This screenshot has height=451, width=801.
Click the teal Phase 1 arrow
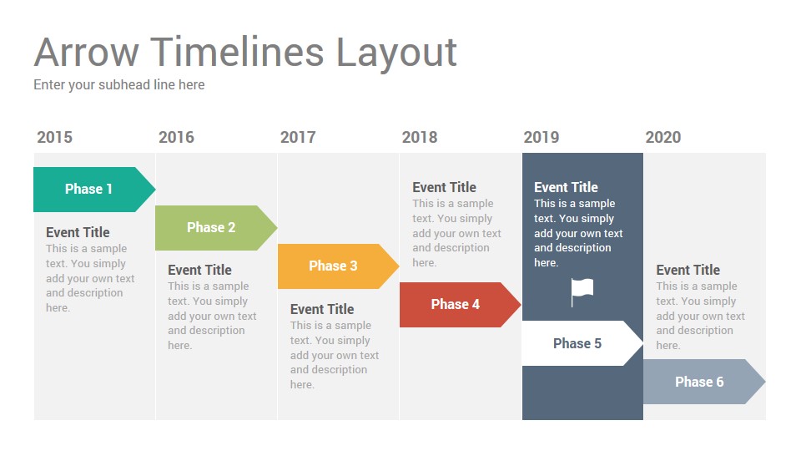(x=94, y=190)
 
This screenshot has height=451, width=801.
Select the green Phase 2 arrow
(x=216, y=227)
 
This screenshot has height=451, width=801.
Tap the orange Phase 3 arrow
(x=338, y=266)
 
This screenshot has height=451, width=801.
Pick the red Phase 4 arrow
(x=461, y=305)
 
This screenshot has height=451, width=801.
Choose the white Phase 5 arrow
(x=582, y=343)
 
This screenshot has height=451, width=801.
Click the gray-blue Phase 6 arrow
(x=704, y=382)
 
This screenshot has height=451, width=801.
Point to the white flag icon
(x=582, y=292)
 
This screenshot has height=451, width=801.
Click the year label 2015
(x=55, y=137)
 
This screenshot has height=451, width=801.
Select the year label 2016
(x=176, y=137)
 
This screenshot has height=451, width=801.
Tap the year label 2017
(x=298, y=137)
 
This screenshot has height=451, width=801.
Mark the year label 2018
(x=420, y=137)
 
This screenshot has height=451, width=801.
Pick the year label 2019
(x=542, y=137)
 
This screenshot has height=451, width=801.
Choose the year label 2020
(x=663, y=137)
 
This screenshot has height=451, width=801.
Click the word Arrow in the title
(x=86, y=52)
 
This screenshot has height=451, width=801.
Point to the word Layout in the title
(x=396, y=53)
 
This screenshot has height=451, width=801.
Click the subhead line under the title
(x=119, y=85)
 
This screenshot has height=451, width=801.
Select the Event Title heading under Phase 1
(x=78, y=232)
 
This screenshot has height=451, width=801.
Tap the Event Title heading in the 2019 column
(x=566, y=187)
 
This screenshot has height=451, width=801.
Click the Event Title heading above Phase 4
(x=445, y=187)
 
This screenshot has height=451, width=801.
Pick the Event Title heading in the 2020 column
(x=688, y=270)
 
